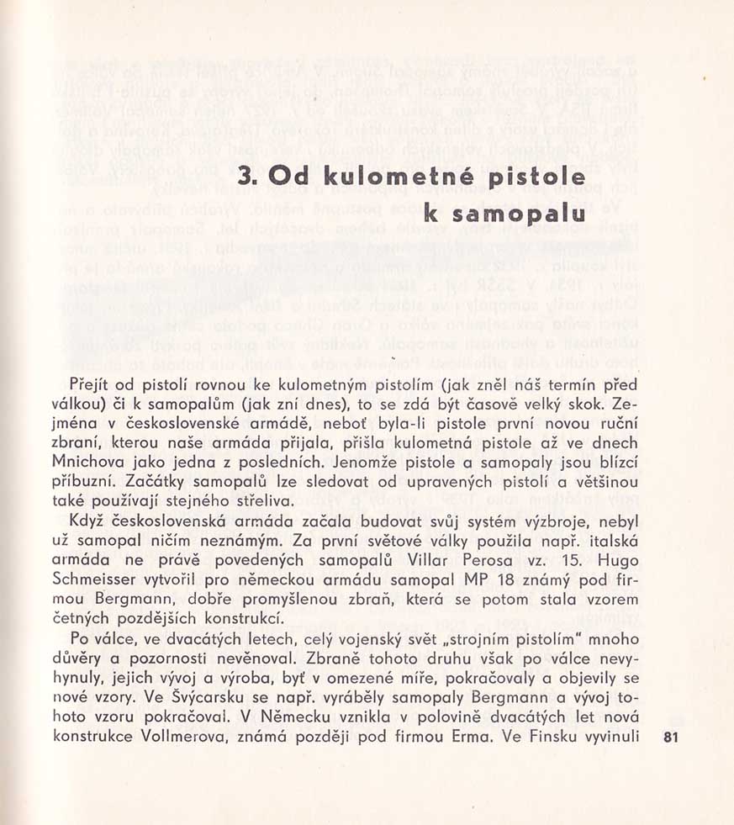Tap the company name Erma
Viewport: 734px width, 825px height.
[475, 737]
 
